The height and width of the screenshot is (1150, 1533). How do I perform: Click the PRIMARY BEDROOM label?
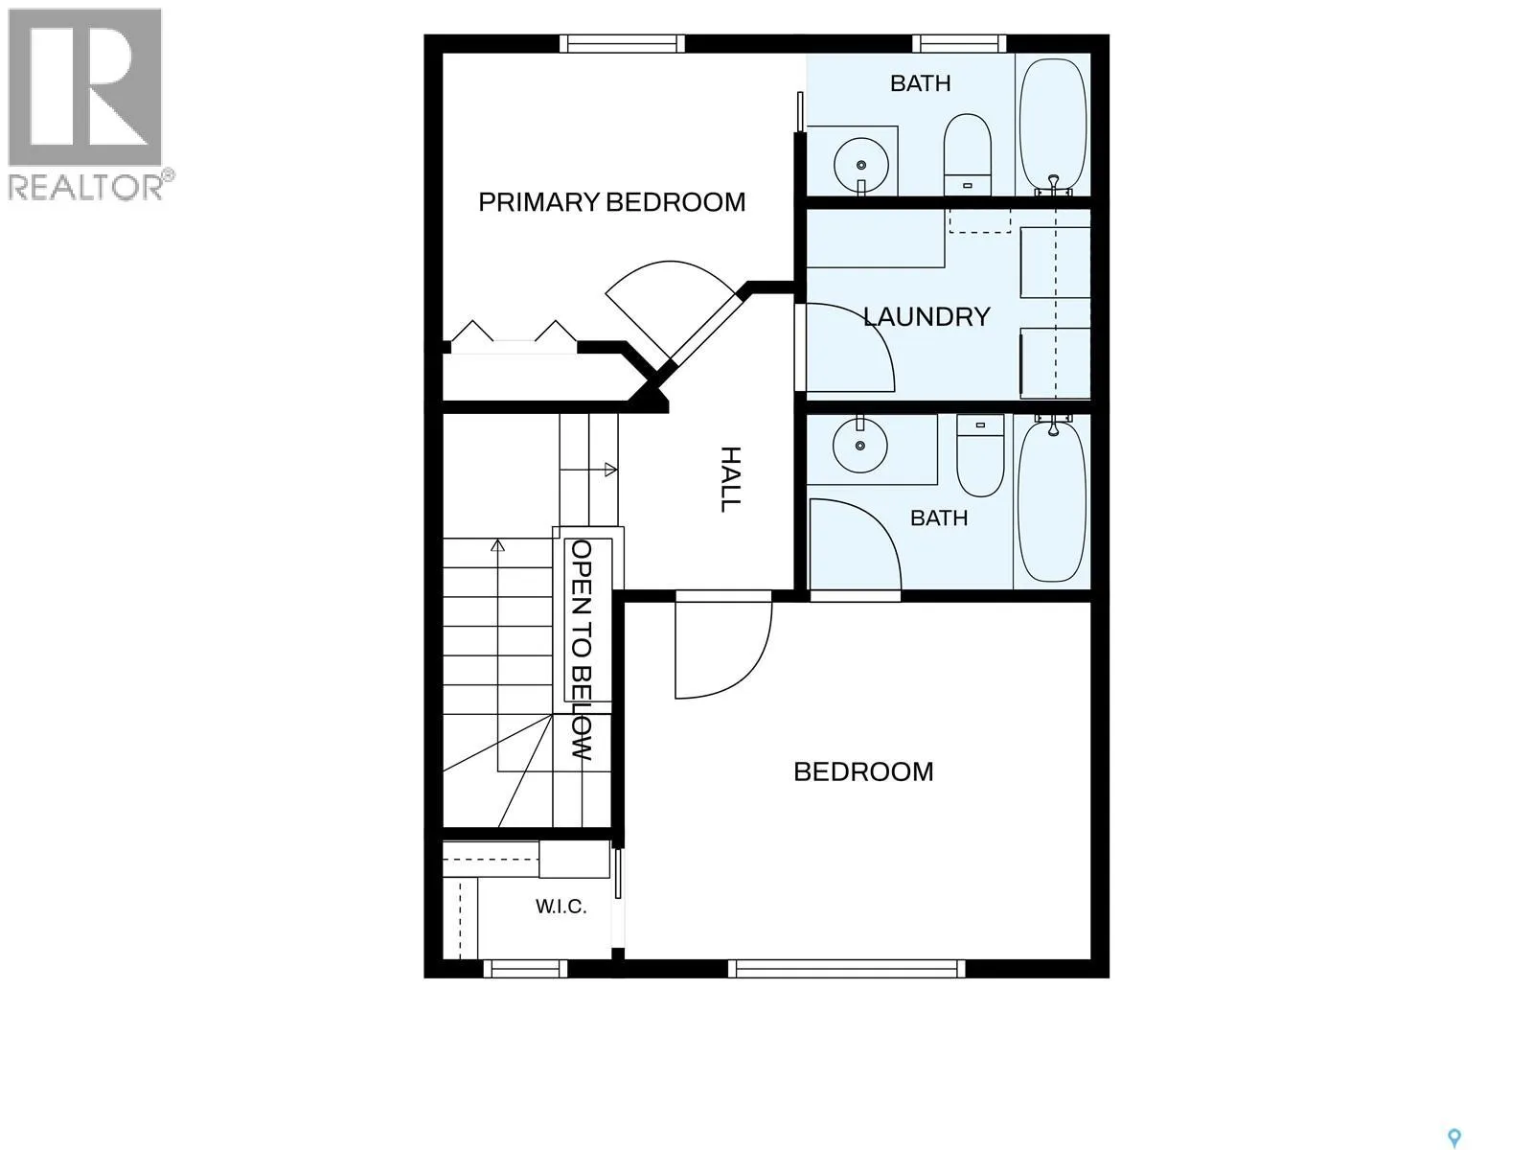point(612,202)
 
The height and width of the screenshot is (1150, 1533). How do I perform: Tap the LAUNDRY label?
point(927,317)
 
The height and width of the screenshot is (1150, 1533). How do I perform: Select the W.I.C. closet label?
point(561,907)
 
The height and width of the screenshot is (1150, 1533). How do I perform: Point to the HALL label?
point(730,480)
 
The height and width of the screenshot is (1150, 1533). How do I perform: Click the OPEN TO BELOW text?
point(582,650)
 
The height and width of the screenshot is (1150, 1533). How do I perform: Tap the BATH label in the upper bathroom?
point(921,83)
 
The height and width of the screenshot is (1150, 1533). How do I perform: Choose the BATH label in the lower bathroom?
point(939,518)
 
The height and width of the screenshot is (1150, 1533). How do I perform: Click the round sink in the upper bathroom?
point(861,166)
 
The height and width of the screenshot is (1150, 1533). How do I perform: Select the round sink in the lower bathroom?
point(859,445)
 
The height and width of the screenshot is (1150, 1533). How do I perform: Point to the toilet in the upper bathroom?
point(968,155)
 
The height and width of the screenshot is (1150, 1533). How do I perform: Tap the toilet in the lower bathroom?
point(980,455)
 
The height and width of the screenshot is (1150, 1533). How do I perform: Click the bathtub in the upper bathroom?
point(1054,126)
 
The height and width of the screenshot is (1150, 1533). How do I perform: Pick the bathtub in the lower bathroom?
point(1052,499)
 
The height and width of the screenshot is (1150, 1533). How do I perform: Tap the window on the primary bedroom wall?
point(622,43)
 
